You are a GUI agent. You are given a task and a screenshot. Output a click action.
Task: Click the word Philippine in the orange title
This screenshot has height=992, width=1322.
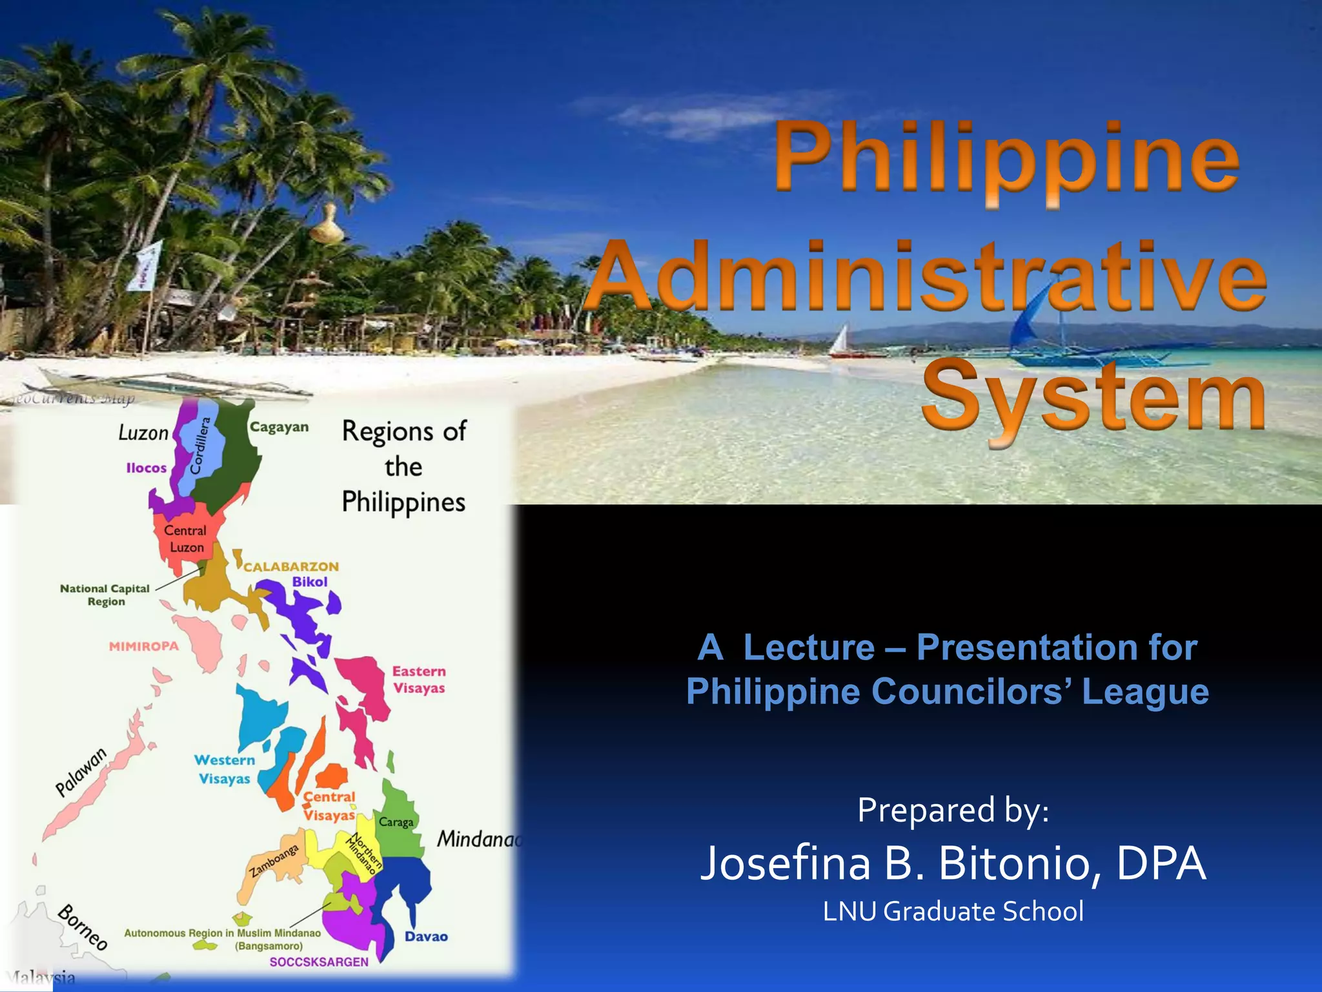(x=1007, y=158)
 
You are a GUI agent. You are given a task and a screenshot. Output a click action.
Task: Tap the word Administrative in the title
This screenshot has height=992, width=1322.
(x=926, y=278)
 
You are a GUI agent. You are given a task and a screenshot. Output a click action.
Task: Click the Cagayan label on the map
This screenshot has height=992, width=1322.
(x=280, y=427)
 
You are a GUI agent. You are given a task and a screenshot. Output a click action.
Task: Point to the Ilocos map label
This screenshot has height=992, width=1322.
(x=147, y=468)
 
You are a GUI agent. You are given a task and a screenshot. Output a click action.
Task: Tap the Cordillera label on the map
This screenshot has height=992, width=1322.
(x=201, y=446)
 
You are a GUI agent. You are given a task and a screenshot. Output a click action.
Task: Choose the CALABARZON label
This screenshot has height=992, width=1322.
(x=291, y=566)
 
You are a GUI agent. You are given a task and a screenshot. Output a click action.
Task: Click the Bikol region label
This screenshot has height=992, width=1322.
(x=310, y=581)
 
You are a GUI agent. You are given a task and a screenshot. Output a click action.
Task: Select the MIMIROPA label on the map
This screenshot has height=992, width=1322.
(x=143, y=646)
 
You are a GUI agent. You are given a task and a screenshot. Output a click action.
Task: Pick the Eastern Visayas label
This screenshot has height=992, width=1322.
(x=419, y=679)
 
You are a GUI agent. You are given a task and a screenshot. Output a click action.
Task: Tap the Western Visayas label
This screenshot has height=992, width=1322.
(x=225, y=769)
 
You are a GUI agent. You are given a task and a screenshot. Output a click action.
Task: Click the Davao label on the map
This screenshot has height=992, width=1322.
(x=426, y=936)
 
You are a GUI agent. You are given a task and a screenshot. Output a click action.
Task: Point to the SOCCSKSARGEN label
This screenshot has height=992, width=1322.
(x=319, y=962)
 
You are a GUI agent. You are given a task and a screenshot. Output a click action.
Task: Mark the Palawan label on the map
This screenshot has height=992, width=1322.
(x=81, y=772)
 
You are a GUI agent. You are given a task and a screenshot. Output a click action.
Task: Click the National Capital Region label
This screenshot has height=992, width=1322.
(x=105, y=595)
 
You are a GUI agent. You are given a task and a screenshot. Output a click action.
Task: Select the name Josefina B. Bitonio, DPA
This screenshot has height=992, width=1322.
(x=953, y=863)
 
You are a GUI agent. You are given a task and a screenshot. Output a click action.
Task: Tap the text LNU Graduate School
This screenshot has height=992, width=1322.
(x=953, y=911)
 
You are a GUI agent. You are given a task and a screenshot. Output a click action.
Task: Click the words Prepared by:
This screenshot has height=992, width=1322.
(x=953, y=810)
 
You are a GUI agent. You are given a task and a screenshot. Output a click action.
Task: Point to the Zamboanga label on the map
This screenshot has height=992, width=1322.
(x=274, y=861)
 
